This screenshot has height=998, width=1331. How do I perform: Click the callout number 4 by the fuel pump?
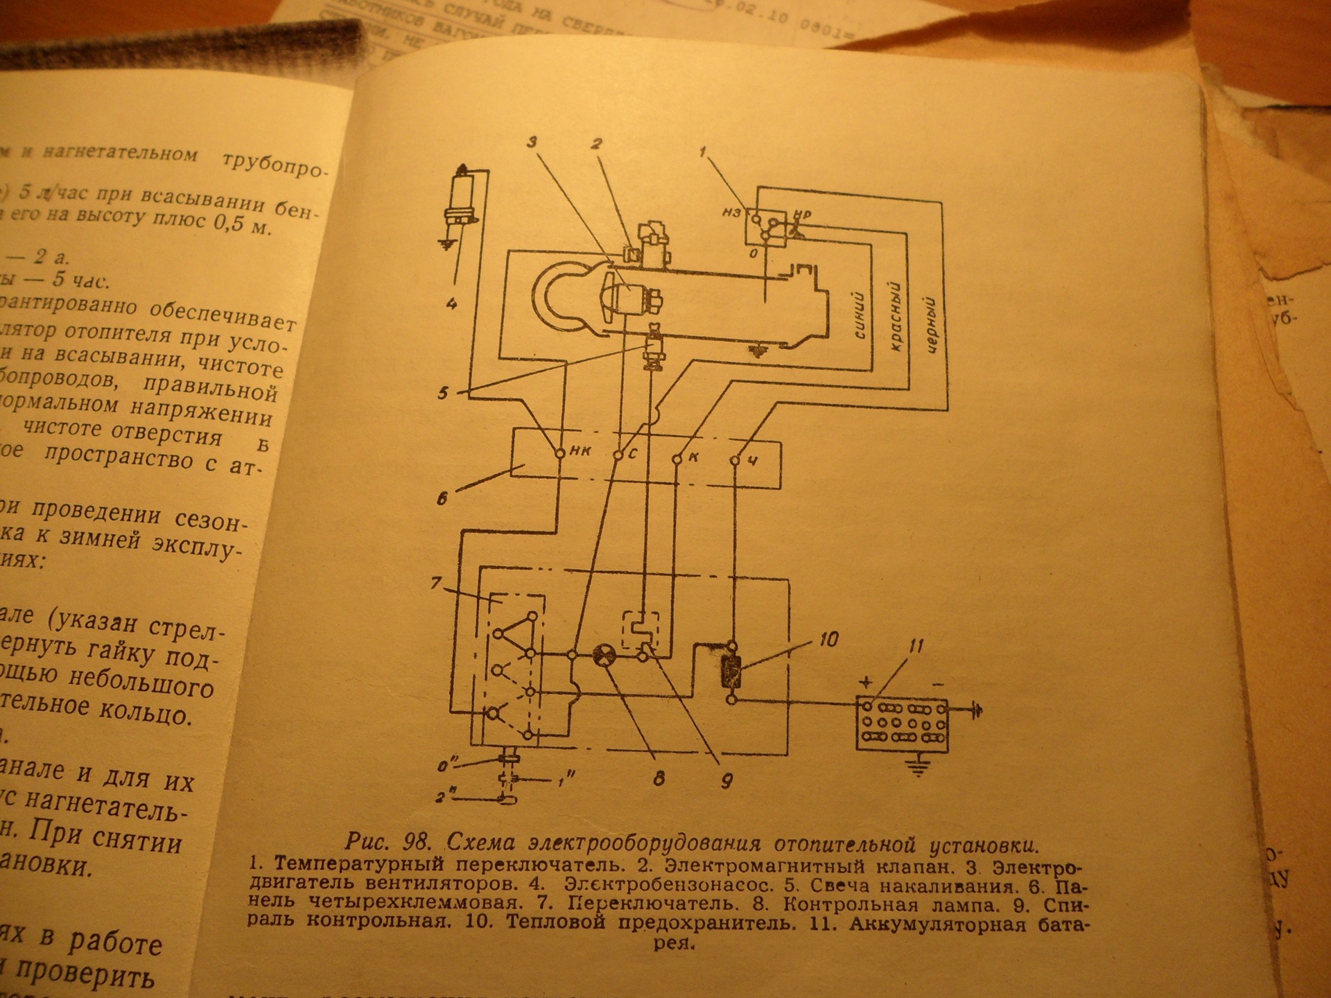click(x=452, y=303)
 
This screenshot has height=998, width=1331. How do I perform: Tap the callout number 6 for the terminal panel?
click(x=442, y=497)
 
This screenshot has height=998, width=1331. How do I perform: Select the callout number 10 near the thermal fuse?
click(x=828, y=638)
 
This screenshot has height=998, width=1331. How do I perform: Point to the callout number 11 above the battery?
click(x=916, y=647)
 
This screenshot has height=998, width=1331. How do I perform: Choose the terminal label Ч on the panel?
click(x=753, y=459)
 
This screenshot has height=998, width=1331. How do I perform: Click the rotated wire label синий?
click(x=862, y=316)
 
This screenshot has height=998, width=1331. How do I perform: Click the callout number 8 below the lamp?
click(x=658, y=778)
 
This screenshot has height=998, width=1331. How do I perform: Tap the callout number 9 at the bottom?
click(x=727, y=781)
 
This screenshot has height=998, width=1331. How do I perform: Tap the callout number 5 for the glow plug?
click(x=443, y=393)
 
